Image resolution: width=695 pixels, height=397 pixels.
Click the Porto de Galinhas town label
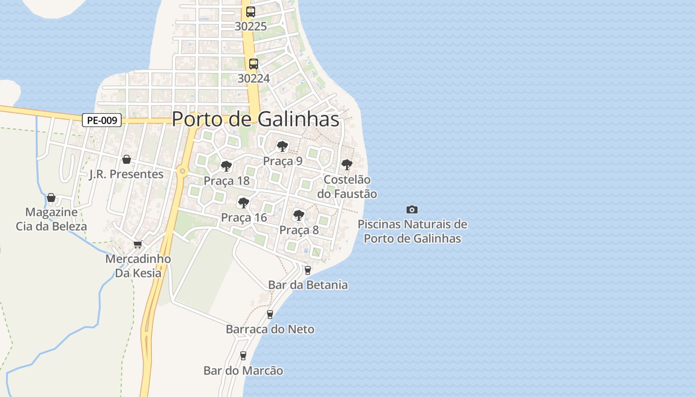pos(256,120)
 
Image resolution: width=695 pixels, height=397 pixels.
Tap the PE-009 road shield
pos(102,120)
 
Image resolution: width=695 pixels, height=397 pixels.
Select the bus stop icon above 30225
pos(251,12)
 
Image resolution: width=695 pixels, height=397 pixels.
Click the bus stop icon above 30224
pos(254,64)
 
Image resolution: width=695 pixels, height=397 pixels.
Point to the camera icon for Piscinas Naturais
pos(412,210)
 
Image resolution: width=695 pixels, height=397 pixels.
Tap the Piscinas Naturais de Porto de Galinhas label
pos(412,231)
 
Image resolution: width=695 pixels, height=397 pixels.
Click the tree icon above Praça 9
pos(282,146)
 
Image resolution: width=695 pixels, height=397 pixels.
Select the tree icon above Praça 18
pos(226,166)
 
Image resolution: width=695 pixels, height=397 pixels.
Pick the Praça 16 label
pos(244,217)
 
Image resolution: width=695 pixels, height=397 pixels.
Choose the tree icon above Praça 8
pos(299,215)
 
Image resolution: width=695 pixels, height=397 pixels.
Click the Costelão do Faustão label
pos(347,187)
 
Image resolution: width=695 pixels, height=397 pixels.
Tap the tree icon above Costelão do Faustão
pos(347,165)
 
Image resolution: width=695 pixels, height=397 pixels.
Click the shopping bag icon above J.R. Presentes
pos(127,159)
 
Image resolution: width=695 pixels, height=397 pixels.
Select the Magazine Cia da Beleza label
pos(51,219)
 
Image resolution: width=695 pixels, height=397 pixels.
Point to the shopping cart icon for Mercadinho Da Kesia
pos(138,244)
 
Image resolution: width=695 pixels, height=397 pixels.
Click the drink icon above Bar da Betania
pos(307,270)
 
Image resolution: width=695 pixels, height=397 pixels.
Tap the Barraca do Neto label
pos(270,329)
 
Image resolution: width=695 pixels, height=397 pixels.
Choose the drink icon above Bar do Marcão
pos(243,356)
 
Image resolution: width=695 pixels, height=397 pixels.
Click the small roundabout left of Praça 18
pos(183,171)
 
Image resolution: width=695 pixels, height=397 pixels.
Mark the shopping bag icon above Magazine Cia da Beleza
pos(51,198)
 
